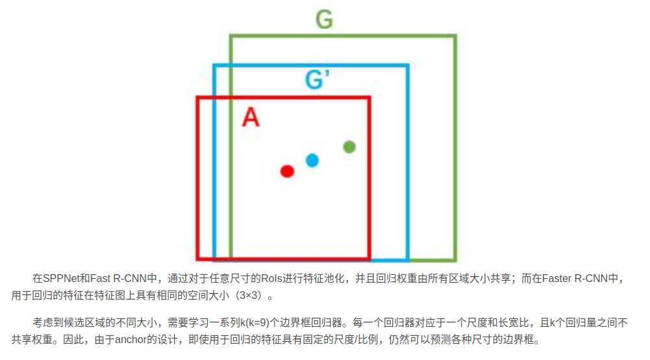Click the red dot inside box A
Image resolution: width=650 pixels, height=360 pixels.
(288, 171)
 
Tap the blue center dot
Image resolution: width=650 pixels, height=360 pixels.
(312, 160)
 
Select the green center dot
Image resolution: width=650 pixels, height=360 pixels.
(349, 147)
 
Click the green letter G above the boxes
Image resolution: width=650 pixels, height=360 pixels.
(324, 19)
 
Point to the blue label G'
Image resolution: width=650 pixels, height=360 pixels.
(318, 81)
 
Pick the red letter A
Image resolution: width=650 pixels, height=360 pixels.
(251, 118)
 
